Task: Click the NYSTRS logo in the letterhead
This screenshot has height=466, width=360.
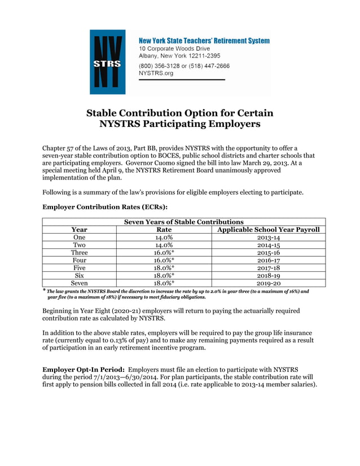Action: [x=108, y=62]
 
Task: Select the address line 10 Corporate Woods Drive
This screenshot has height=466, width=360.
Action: [x=174, y=49]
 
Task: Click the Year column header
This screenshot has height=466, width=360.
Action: [x=79, y=230]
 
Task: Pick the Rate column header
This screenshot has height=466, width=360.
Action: [x=164, y=230]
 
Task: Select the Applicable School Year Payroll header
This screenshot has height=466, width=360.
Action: [x=269, y=230]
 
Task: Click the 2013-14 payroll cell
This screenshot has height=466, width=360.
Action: [x=269, y=238]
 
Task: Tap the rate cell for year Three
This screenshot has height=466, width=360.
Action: [x=164, y=253]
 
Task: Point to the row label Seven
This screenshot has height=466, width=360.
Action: [x=79, y=283]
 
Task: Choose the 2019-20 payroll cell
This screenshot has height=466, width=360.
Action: [x=269, y=283]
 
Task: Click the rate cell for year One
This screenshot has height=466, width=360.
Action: [x=164, y=238]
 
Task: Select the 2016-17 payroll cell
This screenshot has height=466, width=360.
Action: [x=269, y=261]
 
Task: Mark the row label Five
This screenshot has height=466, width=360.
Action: [x=79, y=268]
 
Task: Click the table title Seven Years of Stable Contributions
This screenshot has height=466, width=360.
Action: [x=184, y=222]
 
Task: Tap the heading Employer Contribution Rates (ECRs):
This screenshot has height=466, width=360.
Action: [x=105, y=207]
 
